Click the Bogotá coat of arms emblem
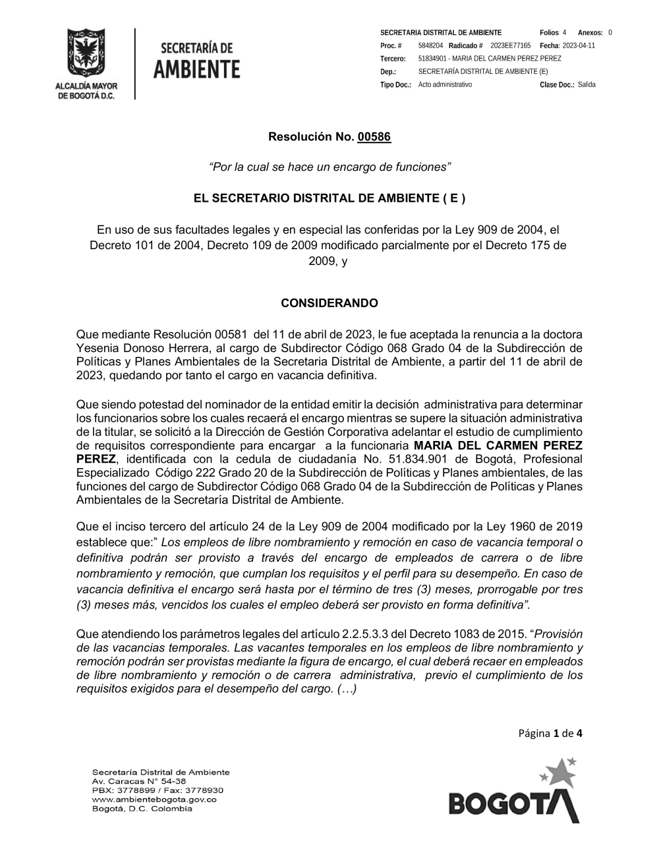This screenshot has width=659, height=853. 86,53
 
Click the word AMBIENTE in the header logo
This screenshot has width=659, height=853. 197,69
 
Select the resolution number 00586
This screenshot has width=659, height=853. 374,137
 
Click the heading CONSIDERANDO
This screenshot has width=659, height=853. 329,303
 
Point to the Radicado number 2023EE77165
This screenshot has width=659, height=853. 510,45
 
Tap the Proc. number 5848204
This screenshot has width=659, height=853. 430,45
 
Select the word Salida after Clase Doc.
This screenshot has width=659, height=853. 587,85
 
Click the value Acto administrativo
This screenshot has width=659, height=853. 445,85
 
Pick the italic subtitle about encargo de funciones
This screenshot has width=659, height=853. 329,167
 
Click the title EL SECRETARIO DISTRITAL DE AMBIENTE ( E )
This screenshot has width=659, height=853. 329,198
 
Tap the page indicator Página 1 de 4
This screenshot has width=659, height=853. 550,733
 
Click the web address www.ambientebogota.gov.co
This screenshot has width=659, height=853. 154,799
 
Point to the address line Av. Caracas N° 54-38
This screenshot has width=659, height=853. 139,780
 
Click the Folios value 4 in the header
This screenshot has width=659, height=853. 565,32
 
